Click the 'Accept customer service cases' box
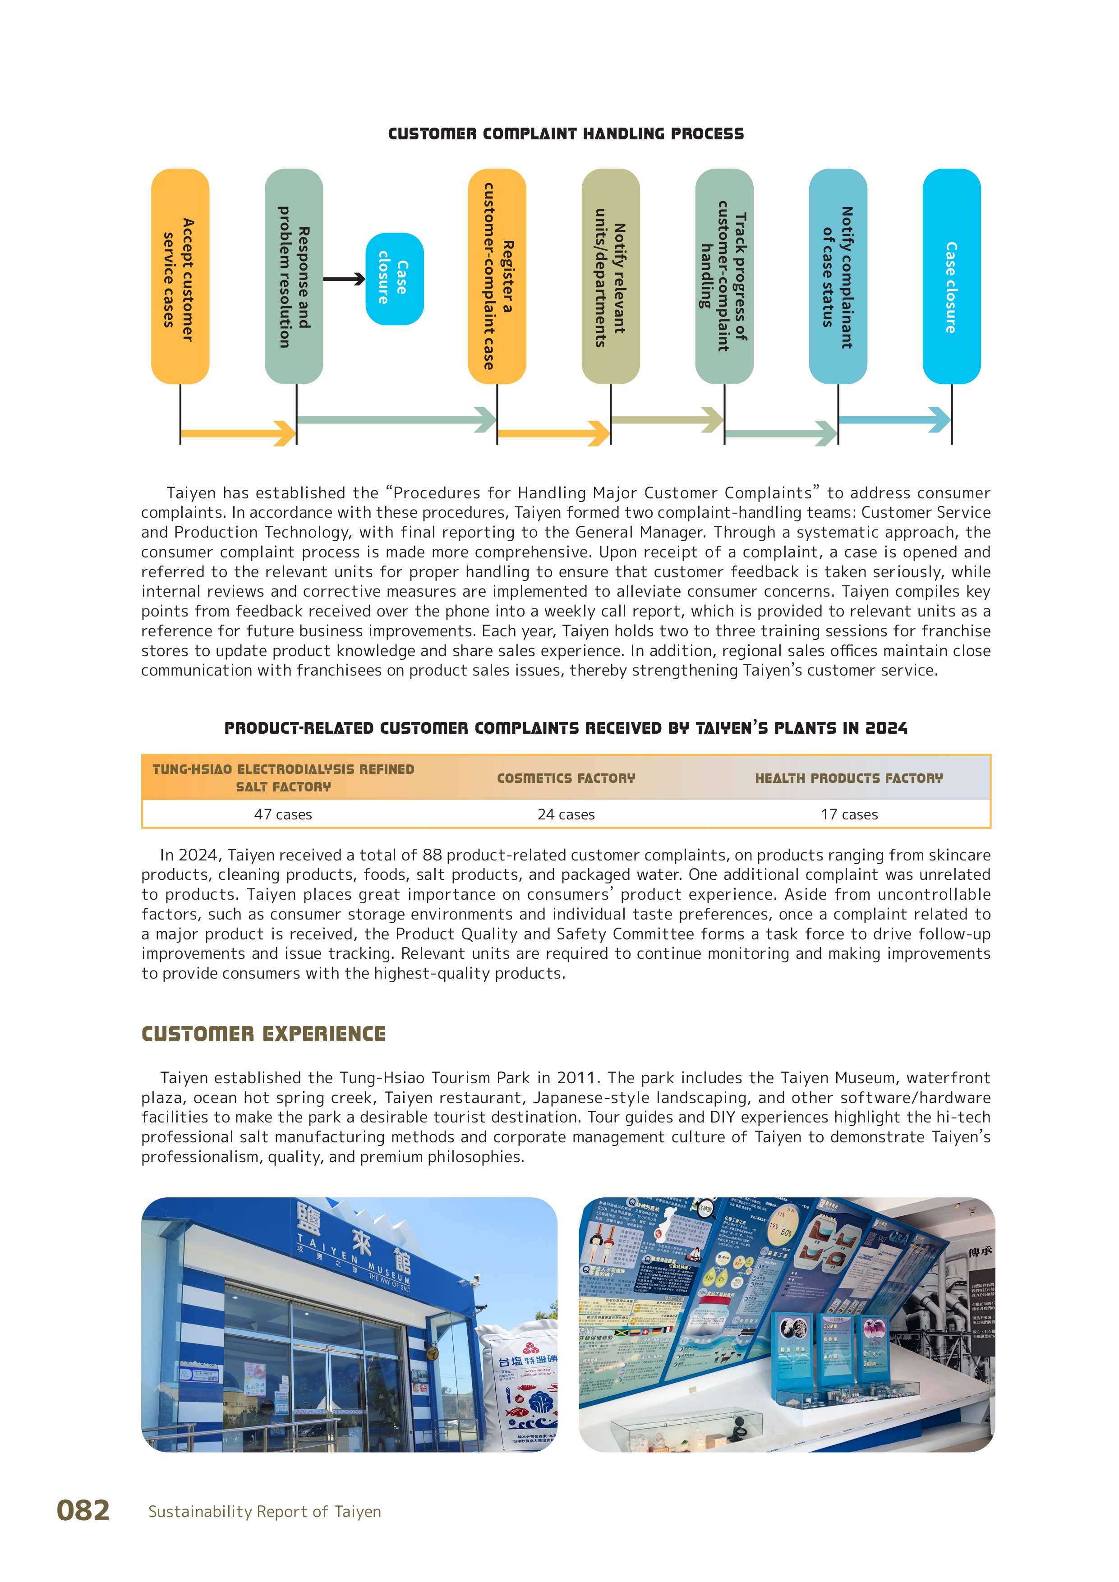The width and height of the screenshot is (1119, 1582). click(180, 276)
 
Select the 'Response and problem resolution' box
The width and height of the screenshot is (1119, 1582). click(294, 276)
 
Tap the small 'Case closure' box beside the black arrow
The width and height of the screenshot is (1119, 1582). click(394, 279)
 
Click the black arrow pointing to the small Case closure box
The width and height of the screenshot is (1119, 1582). click(344, 279)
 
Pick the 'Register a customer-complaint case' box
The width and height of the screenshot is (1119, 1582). click(497, 276)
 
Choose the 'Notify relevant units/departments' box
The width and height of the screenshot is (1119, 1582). click(611, 276)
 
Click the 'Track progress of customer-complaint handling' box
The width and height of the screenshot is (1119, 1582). click(724, 276)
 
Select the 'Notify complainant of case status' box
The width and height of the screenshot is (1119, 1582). click(838, 276)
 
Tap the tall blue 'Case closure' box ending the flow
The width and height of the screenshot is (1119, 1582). click(952, 276)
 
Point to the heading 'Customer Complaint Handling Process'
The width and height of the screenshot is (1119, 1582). click(566, 133)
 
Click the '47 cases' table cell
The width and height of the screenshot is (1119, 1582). click(283, 814)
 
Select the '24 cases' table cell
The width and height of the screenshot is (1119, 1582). click(566, 814)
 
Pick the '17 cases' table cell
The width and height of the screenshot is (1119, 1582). click(849, 814)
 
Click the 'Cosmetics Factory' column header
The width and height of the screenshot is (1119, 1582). click(566, 778)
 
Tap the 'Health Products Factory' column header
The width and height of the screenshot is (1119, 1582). click(849, 778)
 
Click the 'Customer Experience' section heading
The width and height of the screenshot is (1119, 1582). click(263, 1034)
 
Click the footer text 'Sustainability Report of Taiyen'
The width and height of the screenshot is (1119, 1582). click(265, 1512)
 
